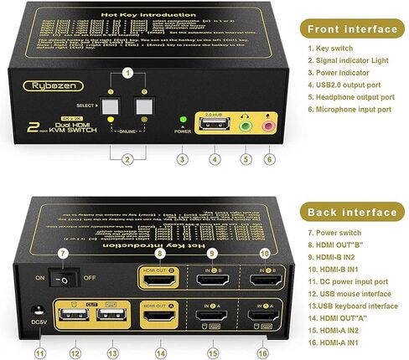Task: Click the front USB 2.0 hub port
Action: (215, 127)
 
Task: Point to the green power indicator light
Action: (182, 123)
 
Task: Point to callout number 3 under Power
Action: (182, 158)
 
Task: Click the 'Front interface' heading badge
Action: (351, 29)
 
